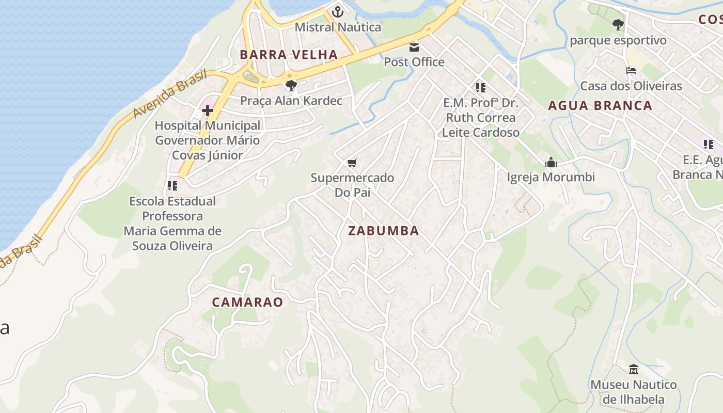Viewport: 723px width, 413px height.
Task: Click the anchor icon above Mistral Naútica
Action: click(338, 11)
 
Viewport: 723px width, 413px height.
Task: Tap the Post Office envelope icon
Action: click(414, 47)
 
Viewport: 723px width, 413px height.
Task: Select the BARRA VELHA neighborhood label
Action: click(289, 54)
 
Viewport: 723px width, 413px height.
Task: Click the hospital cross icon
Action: click(208, 110)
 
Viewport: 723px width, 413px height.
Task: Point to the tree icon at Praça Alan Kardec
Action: click(291, 85)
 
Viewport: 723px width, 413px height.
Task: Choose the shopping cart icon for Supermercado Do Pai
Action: click(352, 163)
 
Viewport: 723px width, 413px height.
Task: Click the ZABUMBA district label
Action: click(383, 231)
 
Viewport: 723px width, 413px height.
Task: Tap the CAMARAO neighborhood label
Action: click(247, 302)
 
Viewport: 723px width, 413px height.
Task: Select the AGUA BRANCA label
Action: click(600, 105)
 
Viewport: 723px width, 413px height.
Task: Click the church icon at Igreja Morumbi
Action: click(551, 163)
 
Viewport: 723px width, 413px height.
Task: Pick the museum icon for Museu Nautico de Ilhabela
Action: click(634, 370)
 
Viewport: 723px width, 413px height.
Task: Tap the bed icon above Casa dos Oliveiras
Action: click(631, 71)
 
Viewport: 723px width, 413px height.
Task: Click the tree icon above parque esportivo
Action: click(618, 24)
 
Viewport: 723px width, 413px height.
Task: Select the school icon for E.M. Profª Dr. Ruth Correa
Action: click(481, 88)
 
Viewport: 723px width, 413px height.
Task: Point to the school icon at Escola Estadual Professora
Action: click(172, 186)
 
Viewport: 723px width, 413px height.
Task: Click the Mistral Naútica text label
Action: click(338, 27)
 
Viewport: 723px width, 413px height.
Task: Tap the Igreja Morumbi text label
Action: click(551, 177)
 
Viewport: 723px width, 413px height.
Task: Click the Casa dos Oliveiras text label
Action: click(631, 86)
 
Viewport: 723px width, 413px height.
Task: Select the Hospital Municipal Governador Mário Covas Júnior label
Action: click(208, 140)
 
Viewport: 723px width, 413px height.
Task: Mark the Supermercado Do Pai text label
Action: click(352, 185)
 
